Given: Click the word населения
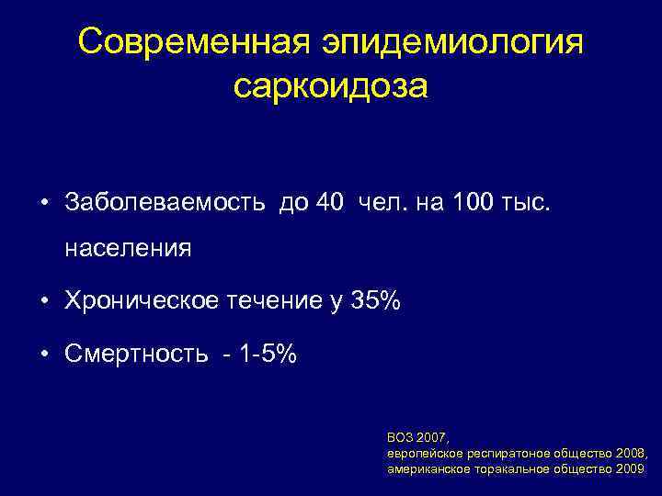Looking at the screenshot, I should [x=128, y=249].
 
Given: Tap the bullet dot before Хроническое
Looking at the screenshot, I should [x=43, y=302].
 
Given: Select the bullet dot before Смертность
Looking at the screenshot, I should [x=43, y=355].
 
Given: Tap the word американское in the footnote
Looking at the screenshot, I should [x=427, y=468].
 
